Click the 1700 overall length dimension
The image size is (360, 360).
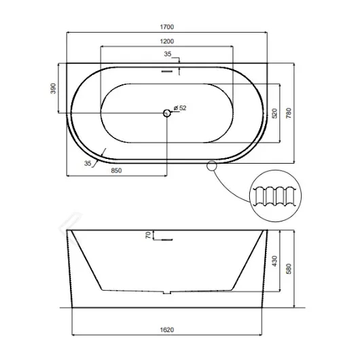[x=167, y=27]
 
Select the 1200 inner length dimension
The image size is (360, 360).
[x=167, y=41]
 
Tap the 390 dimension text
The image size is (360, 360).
[x=53, y=88]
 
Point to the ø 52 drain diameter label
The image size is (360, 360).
[x=180, y=108]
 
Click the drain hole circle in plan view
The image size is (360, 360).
[x=167, y=113]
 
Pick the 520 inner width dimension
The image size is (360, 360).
[x=274, y=113]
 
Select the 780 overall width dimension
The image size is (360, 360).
[x=289, y=113]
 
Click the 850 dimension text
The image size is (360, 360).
[x=116, y=170]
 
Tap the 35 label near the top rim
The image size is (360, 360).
[x=168, y=54]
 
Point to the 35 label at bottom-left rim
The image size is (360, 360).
[x=88, y=164]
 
